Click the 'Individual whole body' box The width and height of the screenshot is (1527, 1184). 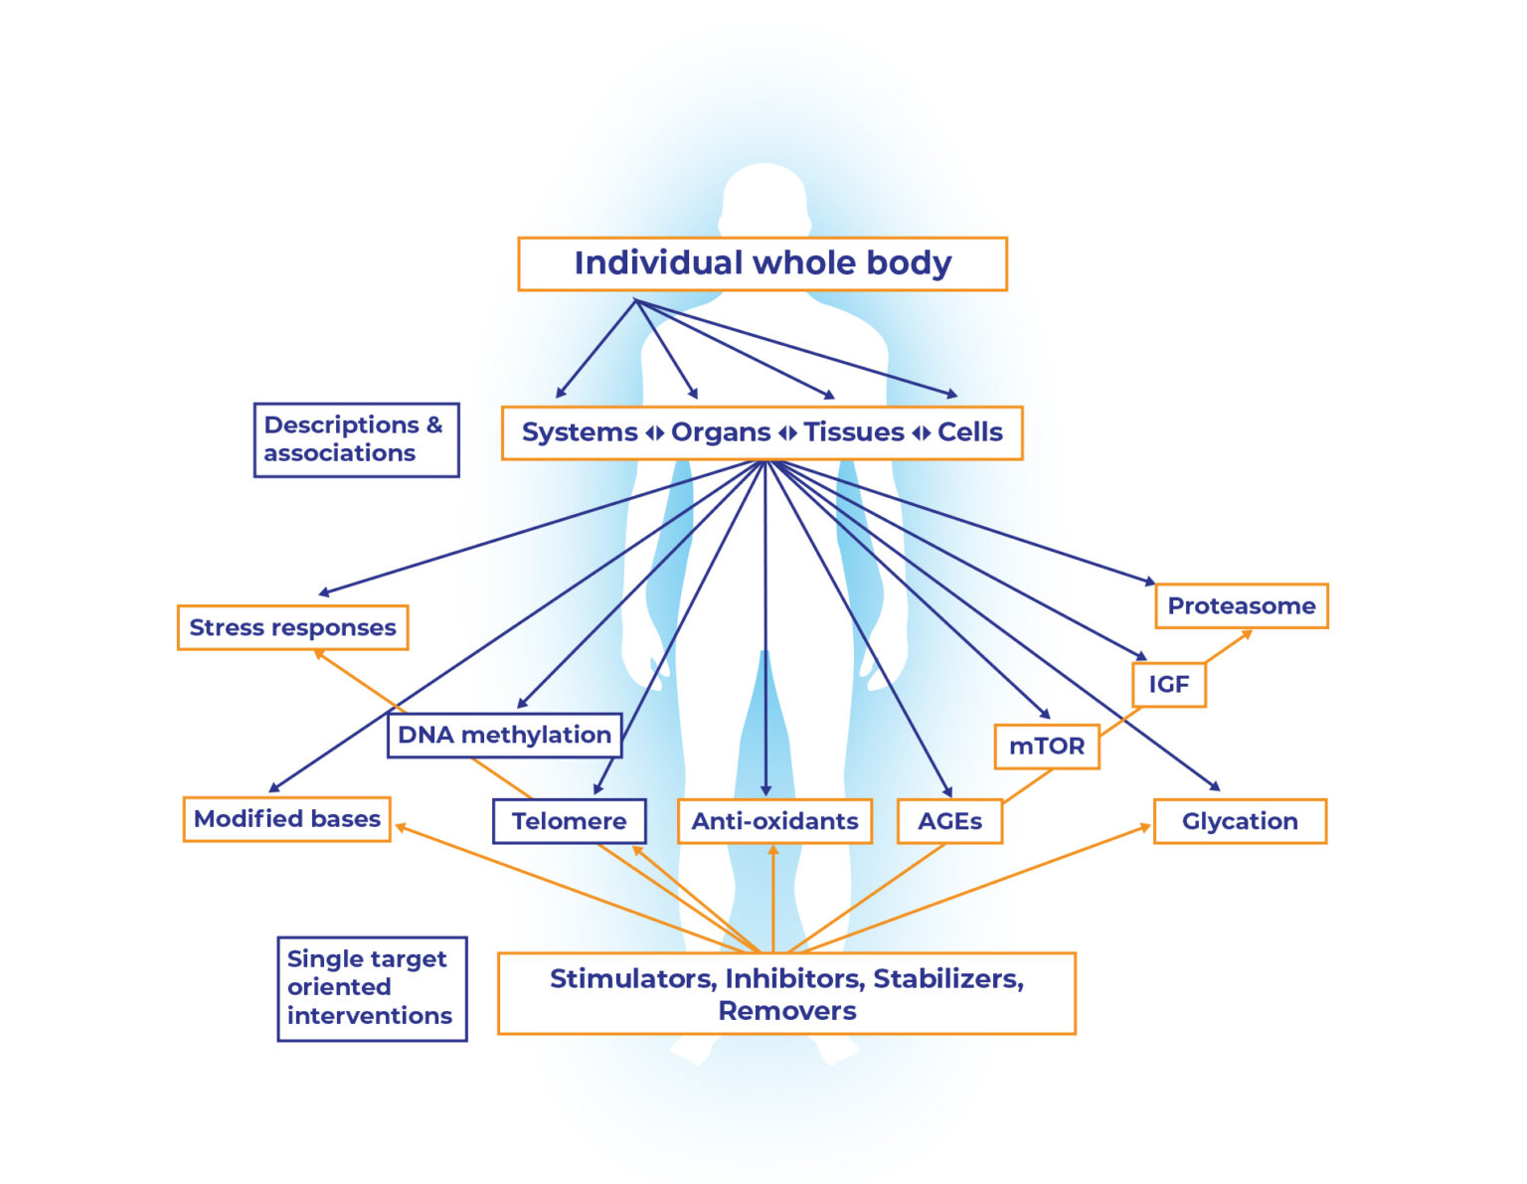762,263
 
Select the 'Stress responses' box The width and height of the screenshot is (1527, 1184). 292,627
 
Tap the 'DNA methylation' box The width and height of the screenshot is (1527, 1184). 504,735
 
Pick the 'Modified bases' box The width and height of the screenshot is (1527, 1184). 286,819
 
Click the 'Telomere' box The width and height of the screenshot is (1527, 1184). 569,821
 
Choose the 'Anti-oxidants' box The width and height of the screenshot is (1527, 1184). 774,821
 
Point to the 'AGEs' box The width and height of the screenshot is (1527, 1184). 949,821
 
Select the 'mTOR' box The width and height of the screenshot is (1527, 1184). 1047,747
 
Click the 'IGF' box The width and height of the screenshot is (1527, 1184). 1169,685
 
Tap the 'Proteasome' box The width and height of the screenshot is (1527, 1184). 1241,606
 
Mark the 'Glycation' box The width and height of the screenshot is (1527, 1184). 1240,821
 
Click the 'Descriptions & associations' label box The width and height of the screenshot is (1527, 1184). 356,439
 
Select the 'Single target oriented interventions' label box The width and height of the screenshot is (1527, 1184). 372,988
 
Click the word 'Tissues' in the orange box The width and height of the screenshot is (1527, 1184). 854,432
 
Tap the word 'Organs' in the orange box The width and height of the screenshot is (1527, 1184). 721,432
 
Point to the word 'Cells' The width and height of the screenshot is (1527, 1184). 970,432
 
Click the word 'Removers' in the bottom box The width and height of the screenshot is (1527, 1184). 786,1011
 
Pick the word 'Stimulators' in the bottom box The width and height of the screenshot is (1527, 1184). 631,979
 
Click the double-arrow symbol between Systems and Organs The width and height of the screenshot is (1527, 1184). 654,433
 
